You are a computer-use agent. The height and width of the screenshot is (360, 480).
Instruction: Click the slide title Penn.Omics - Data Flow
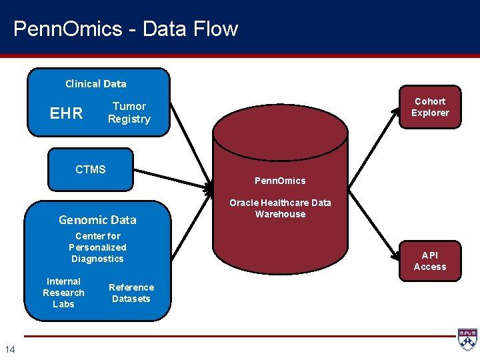click(125, 29)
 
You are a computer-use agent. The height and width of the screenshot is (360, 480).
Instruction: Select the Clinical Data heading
click(95, 84)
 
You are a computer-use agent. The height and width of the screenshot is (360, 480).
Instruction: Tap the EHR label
click(67, 113)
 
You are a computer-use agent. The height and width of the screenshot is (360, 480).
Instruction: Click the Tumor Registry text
click(129, 113)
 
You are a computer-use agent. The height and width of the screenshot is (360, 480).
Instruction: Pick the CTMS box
click(91, 169)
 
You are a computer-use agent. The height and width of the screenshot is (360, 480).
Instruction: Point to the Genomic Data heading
click(97, 220)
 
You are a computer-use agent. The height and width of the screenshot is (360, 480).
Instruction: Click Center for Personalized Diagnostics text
click(98, 247)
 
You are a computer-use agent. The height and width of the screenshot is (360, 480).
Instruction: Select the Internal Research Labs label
click(63, 293)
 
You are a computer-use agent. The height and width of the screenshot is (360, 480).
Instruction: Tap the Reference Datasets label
click(131, 293)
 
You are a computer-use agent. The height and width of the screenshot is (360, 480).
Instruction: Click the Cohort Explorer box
click(430, 107)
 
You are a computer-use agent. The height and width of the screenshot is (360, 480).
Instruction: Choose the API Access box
click(430, 261)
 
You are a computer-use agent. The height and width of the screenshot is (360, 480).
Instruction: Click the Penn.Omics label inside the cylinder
click(280, 181)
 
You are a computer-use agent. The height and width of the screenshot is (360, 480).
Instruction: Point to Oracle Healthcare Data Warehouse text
click(280, 208)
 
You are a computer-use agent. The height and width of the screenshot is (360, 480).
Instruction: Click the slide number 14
click(10, 349)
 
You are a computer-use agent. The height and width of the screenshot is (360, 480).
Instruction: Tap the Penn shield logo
click(467, 339)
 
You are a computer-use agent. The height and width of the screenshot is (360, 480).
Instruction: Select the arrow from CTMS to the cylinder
click(170, 177)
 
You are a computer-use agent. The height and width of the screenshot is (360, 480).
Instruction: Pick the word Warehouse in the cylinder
click(280, 214)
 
